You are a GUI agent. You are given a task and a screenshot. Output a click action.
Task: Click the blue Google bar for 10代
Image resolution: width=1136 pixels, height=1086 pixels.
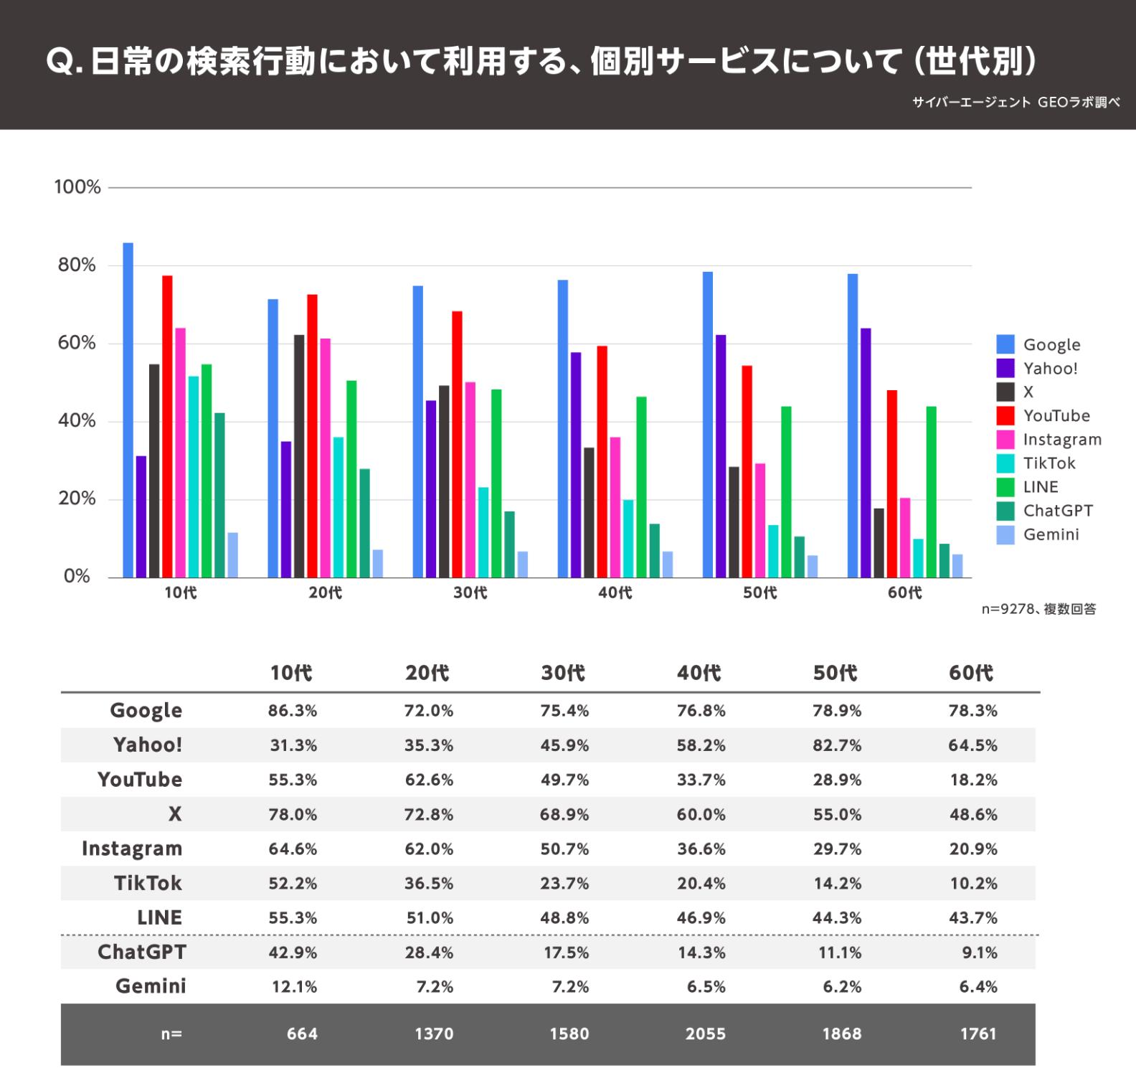point(128,410)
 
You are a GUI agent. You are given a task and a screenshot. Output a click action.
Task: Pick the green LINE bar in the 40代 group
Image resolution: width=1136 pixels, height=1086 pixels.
point(641,487)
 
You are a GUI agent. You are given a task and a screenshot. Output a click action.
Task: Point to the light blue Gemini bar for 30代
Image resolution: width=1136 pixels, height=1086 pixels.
point(523,565)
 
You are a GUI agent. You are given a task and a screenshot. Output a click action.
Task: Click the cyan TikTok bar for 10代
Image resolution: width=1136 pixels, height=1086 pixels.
point(193,476)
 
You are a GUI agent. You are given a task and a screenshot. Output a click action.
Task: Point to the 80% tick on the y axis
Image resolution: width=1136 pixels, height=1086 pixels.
point(77,265)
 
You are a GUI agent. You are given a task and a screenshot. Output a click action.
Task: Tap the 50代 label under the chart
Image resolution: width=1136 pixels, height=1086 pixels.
point(760,593)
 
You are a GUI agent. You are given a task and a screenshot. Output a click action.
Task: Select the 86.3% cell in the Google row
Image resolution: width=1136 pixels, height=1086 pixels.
point(293,711)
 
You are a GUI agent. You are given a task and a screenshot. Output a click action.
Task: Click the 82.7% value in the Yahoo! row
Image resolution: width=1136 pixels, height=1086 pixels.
point(837,745)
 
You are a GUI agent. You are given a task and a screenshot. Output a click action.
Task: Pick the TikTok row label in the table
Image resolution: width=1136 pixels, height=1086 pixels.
point(148,883)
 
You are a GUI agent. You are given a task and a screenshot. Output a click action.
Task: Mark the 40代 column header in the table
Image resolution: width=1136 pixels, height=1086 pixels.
point(699,673)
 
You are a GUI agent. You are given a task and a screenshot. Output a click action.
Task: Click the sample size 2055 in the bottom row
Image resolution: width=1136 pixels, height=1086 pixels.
point(705,1034)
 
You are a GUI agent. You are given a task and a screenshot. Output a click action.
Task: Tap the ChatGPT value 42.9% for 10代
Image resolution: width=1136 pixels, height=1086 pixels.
point(293,953)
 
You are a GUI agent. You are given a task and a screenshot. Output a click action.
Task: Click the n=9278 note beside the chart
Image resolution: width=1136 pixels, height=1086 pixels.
point(1038,610)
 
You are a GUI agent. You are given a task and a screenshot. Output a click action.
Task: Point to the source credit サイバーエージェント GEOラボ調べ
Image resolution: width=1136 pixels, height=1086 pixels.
point(1016,103)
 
